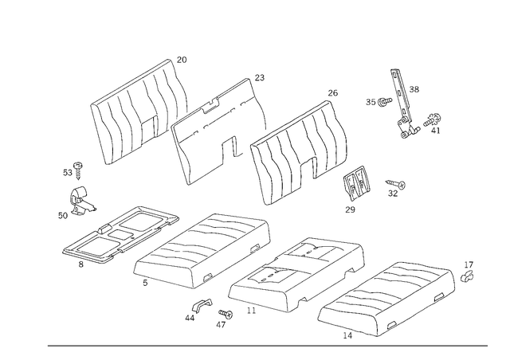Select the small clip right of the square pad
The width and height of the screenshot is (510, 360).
click(x=392, y=188)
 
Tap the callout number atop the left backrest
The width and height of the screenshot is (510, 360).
click(x=183, y=58)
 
